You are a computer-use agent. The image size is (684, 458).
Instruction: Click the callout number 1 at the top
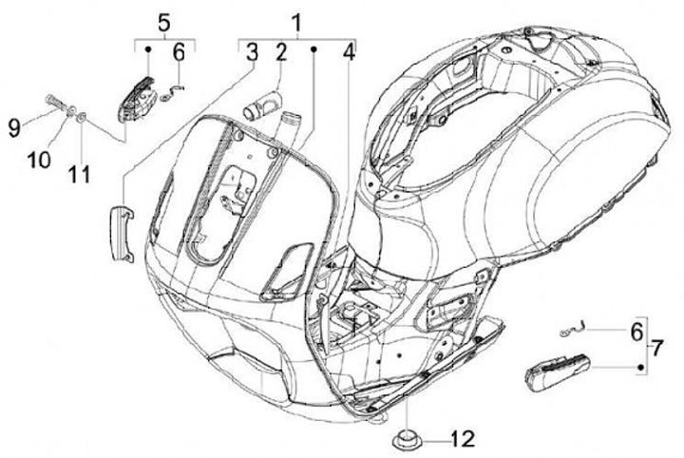(298, 21)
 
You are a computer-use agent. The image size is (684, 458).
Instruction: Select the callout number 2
(280, 53)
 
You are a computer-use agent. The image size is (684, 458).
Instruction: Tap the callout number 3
(252, 53)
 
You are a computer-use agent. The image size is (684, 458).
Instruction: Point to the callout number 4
(350, 53)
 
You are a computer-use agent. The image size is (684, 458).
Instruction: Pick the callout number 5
(163, 21)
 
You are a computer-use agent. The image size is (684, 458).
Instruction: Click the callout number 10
(39, 160)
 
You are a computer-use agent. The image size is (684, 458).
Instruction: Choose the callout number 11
(80, 174)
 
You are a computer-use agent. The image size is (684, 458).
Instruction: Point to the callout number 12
(461, 439)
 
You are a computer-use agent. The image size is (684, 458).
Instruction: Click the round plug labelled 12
(406, 441)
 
